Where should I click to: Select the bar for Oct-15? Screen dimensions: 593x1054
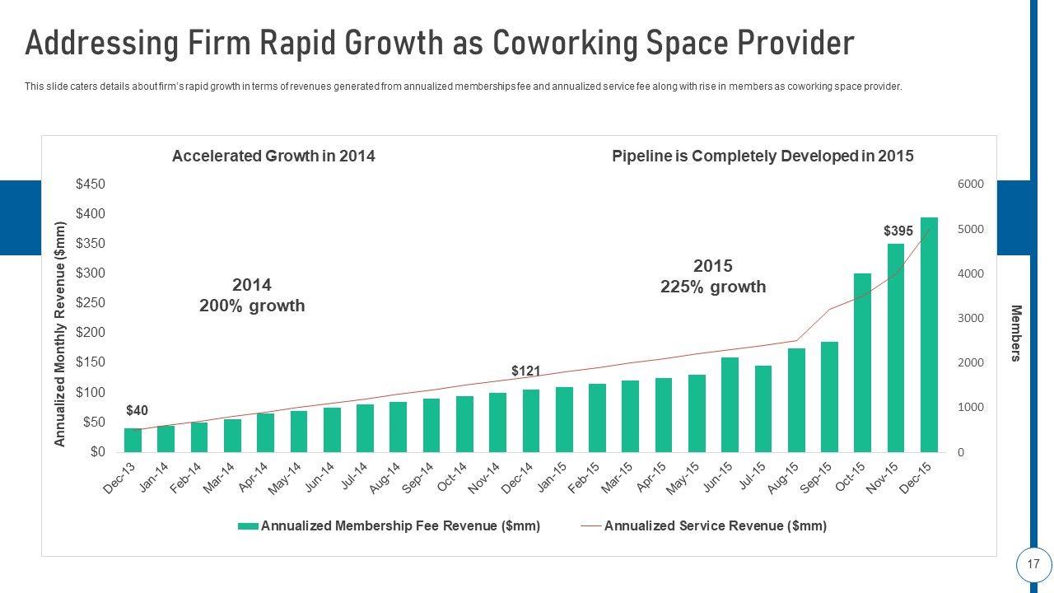click(862, 362)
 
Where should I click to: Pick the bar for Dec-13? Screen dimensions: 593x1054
click(133, 440)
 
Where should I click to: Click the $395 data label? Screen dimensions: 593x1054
click(898, 231)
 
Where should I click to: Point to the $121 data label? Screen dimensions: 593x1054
click(525, 371)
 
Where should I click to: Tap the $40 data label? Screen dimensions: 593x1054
click(137, 410)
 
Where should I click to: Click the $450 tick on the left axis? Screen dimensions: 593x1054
click(91, 184)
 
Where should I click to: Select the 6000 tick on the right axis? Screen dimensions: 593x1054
click(971, 184)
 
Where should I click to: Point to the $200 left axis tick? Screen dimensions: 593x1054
click(91, 333)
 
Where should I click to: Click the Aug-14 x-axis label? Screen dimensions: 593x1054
click(385, 478)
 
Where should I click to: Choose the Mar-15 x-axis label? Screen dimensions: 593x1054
click(617, 478)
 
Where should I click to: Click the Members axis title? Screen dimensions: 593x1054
click(1016, 333)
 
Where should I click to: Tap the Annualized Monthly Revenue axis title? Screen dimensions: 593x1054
click(59, 334)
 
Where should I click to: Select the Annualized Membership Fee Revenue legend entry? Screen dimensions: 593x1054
click(400, 525)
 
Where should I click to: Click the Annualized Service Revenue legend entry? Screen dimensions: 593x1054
click(715, 525)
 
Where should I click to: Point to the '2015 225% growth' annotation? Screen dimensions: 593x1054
click(713, 276)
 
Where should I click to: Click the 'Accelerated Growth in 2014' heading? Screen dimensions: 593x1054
click(273, 156)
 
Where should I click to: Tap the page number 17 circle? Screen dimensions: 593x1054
click(1033, 565)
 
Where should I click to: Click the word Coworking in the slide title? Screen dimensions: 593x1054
click(585, 43)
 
